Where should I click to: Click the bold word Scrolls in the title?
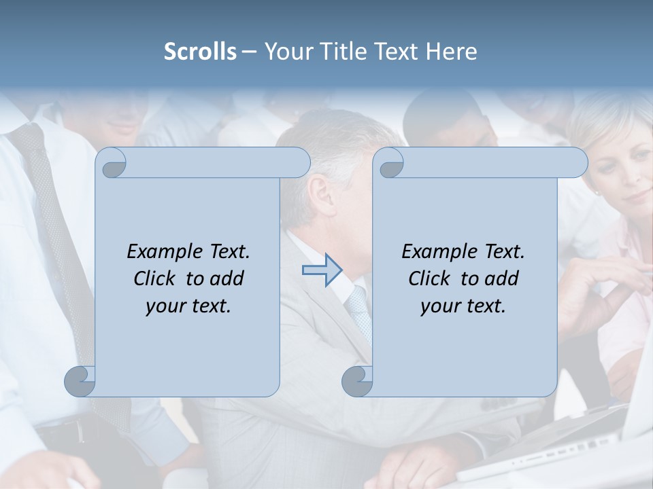201,52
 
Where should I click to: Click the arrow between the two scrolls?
322,270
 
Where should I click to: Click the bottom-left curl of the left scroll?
80,381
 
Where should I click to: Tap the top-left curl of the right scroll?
390,164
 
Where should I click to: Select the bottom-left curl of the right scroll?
357,381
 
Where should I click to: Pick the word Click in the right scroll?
429,278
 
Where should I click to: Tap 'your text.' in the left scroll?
188,306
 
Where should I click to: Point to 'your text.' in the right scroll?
463,306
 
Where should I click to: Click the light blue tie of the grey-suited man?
359,309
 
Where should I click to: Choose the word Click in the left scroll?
154,278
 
